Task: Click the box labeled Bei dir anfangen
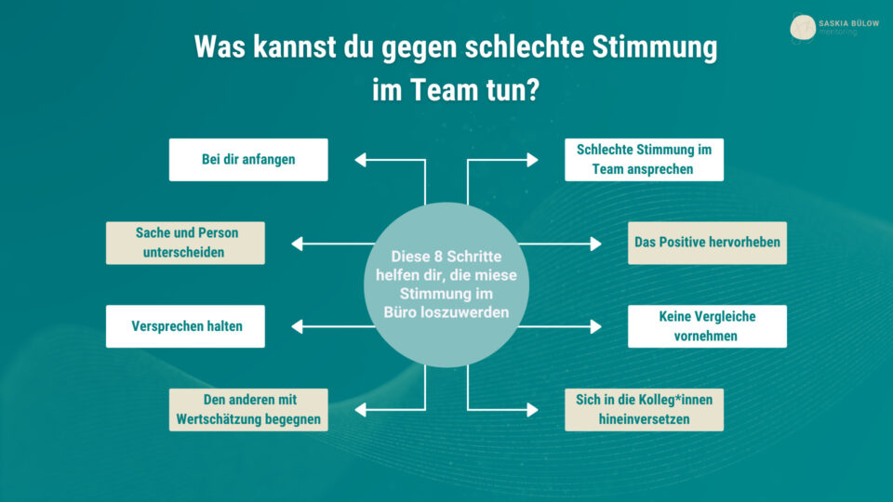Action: click(248, 159)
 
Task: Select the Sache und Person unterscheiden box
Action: click(185, 243)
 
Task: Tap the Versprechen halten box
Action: click(185, 326)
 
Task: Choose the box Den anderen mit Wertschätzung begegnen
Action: click(248, 409)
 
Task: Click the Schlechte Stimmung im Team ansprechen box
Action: click(644, 159)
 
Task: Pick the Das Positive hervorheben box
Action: click(707, 243)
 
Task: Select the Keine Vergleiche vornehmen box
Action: click(707, 326)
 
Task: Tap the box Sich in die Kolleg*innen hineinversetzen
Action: click(644, 409)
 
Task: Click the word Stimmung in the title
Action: click(659, 47)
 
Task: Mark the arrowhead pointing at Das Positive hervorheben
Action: click(596, 244)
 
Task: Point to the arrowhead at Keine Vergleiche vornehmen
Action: click(596, 326)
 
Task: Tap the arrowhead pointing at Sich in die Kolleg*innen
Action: click(533, 409)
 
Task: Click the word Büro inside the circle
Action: click(401, 312)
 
